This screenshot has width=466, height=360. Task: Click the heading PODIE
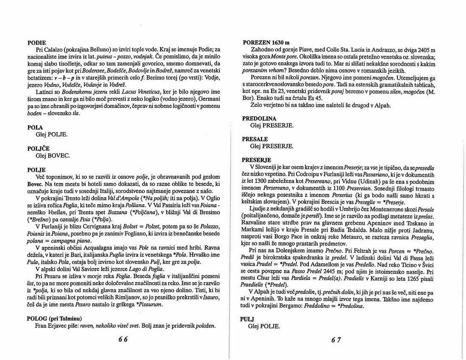[37, 43]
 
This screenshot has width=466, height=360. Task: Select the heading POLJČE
[39, 149]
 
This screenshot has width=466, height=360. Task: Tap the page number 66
[123, 339]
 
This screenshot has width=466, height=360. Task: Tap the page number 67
[336, 339]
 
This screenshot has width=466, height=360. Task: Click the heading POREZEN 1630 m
[266, 43]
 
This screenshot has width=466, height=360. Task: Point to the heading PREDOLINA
[259, 119]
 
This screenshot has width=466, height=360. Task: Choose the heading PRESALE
[255, 139]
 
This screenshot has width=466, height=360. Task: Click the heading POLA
[36, 127]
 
